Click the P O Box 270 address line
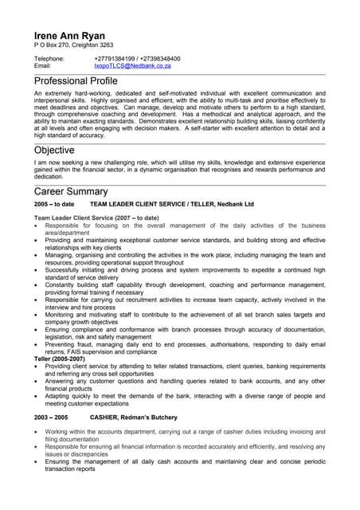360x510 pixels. [x=73, y=45]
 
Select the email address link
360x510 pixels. [x=132, y=66]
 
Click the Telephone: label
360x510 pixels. [x=49, y=59]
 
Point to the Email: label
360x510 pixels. [x=43, y=66]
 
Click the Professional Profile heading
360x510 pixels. [x=76, y=82]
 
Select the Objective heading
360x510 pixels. [x=54, y=150]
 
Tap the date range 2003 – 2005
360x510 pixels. [x=51, y=417]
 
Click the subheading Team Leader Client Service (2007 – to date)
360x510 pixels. [x=96, y=218]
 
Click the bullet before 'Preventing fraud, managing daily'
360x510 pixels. [x=37, y=344]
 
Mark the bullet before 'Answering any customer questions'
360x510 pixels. [x=37, y=381]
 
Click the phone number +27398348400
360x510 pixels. [x=159, y=59]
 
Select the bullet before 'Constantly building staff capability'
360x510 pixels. [x=37, y=284]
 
